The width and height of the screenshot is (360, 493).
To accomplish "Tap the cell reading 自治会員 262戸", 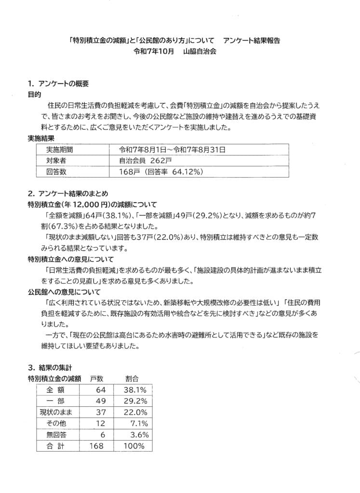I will point(143,160).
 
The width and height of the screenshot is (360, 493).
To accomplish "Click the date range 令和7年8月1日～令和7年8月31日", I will point(172,150).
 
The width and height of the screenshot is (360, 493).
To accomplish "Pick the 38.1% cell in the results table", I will point(133,390).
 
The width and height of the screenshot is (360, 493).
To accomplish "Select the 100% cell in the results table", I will point(133,446).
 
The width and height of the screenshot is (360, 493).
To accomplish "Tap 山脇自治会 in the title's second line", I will point(200,52).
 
